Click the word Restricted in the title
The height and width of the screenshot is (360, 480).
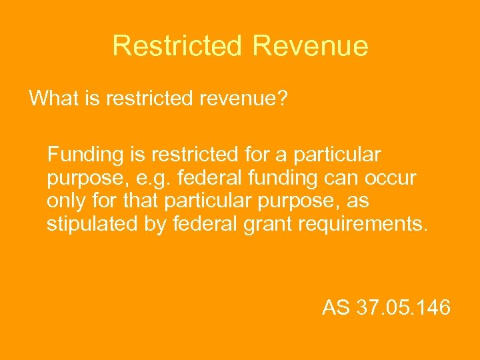click(177, 46)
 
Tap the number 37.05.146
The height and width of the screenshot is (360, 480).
click(404, 308)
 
